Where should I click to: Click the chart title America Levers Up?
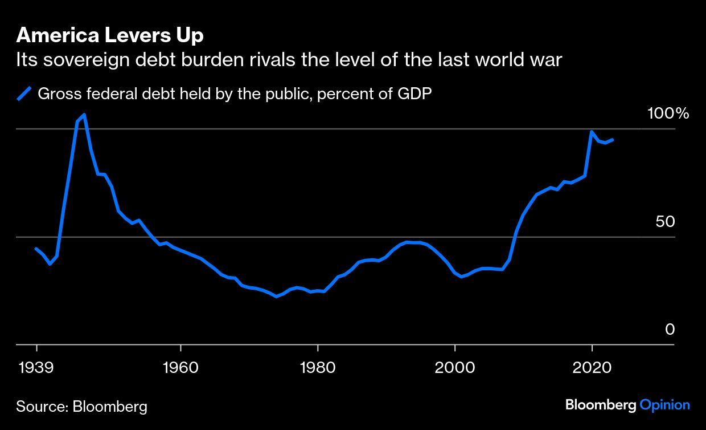(110, 36)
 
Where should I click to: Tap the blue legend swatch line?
(24, 94)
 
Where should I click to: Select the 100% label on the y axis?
(668, 113)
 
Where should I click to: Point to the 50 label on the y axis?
(664, 222)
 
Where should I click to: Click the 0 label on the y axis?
(670, 330)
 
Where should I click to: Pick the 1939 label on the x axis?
(36, 366)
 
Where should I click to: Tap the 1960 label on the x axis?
(180, 366)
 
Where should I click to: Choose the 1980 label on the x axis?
(317, 366)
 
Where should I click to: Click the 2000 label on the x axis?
(455, 366)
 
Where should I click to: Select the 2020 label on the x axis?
(592, 366)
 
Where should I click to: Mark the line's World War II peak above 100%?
(84, 115)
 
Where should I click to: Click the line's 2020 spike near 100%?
(592, 132)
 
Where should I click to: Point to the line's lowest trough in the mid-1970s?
(276, 297)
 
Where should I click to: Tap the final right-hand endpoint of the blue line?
(613, 139)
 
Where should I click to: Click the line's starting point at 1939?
(36, 249)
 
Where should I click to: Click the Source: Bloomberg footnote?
(81, 407)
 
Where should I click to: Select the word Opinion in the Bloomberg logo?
(664, 405)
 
